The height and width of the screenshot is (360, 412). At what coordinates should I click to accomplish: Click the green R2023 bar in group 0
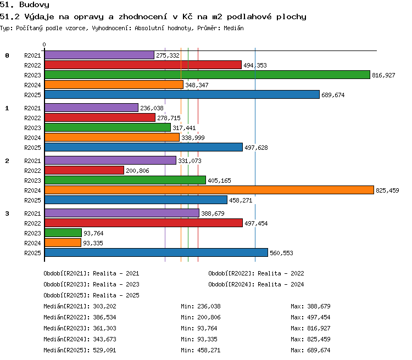click(x=207, y=75)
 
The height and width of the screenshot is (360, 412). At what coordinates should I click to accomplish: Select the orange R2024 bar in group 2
click(x=209, y=190)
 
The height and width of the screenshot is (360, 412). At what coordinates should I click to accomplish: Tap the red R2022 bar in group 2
click(x=85, y=171)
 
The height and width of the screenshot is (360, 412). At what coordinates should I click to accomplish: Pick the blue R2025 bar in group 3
click(x=157, y=252)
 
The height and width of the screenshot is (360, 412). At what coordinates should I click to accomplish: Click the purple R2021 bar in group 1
click(x=91, y=108)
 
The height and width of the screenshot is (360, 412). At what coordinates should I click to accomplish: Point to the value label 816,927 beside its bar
click(x=383, y=75)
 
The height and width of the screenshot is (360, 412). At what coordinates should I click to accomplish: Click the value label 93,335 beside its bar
click(x=93, y=244)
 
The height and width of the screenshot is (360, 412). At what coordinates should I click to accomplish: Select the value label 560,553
click(x=281, y=253)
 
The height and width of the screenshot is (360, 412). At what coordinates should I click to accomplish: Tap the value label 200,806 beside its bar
click(x=137, y=171)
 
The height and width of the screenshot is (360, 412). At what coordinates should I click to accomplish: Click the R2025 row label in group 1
click(x=32, y=148)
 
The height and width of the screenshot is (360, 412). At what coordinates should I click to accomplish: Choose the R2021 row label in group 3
click(x=32, y=213)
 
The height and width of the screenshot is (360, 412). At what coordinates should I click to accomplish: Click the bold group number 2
click(x=7, y=161)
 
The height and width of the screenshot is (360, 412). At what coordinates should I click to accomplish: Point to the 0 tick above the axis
click(x=44, y=44)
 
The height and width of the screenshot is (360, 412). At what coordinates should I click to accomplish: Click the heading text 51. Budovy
click(x=25, y=5)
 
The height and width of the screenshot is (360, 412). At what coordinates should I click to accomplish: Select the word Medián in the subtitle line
click(x=233, y=28)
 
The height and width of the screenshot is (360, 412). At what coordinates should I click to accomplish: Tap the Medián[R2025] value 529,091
click(x=104, y=350)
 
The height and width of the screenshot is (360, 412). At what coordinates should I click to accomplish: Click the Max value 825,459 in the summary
click(x=319, y=339)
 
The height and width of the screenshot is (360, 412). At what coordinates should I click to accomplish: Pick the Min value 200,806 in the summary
click(x=209, y=317)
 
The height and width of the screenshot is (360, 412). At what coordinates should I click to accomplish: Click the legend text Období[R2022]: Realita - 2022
click(x=256, y=273)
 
